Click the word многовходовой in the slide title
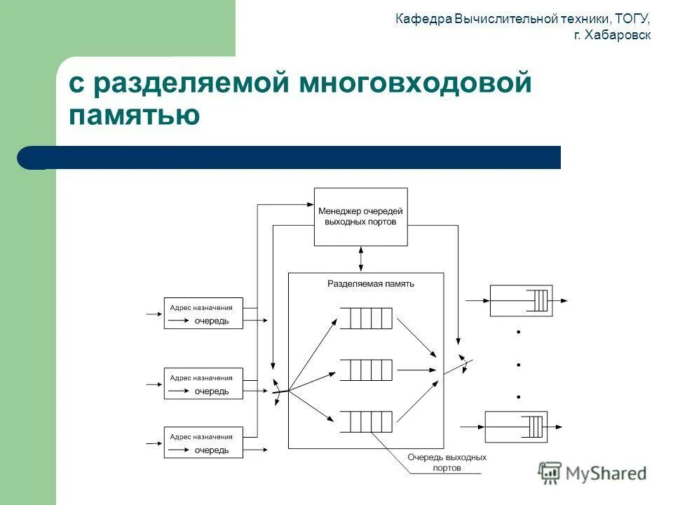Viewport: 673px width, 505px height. click(416, 84)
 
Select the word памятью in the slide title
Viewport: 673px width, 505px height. click(135, 114)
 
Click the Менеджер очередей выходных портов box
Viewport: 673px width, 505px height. click(360, 217)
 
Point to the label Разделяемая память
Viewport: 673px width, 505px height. click(371, 284)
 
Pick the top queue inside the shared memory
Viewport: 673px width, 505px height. click(366, 318)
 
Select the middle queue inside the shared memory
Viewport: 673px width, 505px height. click(366, 369)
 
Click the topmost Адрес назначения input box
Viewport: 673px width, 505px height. click(203, 313)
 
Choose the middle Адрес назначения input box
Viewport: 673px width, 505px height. click(203, 384)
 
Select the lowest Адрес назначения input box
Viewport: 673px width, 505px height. click(203, 443)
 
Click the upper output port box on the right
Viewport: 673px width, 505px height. click(520, 300)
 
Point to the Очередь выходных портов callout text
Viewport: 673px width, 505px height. click(447, 463)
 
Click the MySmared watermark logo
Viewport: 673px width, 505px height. click(593, 473)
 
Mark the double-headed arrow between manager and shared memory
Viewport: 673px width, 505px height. click(360, 259)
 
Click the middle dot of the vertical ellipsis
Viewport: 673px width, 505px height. click(519, 365)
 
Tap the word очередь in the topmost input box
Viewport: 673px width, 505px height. click(212, 321)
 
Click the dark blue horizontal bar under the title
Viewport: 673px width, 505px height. click(294, 158)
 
